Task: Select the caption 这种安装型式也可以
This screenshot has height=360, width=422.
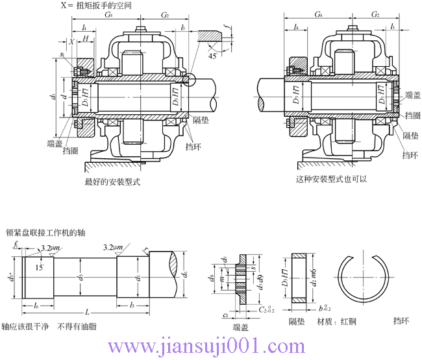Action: pyautogui.click(x=331, y=178)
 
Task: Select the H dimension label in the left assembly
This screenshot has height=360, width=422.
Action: pyautogui.click(x=86, y=40)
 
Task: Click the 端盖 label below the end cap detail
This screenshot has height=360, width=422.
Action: pyautogui.click(x=241, y=327)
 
